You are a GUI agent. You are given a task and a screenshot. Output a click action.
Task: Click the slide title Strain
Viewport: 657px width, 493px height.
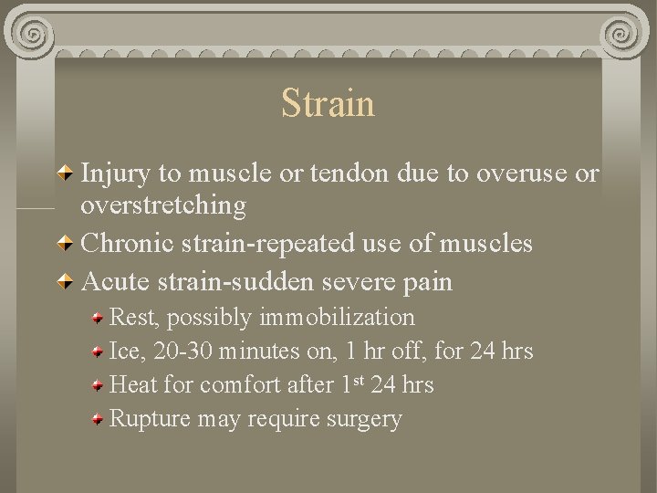[328, 103]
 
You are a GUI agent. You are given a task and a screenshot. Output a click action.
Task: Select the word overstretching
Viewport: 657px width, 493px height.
[163, 206]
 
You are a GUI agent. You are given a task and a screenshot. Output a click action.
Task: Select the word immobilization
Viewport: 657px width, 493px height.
[337, 318]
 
